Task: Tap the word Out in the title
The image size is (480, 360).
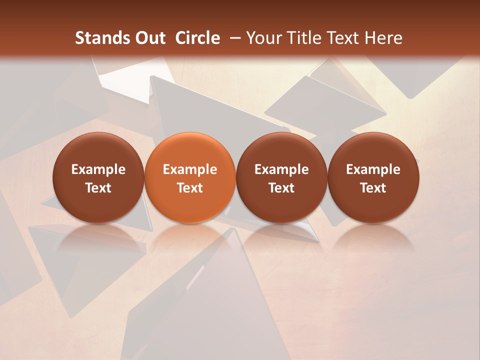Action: click(x=148, y=38)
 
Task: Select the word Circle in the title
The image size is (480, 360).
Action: click(x=197, y=38)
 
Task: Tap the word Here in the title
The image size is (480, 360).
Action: click(x=383, y=38)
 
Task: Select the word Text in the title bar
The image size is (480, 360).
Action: click(x=343, y=38)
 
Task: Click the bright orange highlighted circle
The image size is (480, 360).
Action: click(x=190, y=177)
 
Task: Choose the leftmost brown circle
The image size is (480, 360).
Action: click(x=98, y=177)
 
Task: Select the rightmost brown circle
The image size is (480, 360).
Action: click(x=373, y=177)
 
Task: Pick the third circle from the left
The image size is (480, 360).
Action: click(x=281, y=177)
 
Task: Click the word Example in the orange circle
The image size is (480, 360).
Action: click(x=190, y=169)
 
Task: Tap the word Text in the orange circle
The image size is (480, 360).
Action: click(x=190, y=188)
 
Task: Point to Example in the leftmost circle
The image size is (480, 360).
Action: click(x=98, y=169)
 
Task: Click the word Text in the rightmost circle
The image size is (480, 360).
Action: click(x=373, y=188)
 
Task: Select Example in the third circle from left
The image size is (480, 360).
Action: click(x=281, y=169)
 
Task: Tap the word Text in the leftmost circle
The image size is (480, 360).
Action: click(x=98, y=188)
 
